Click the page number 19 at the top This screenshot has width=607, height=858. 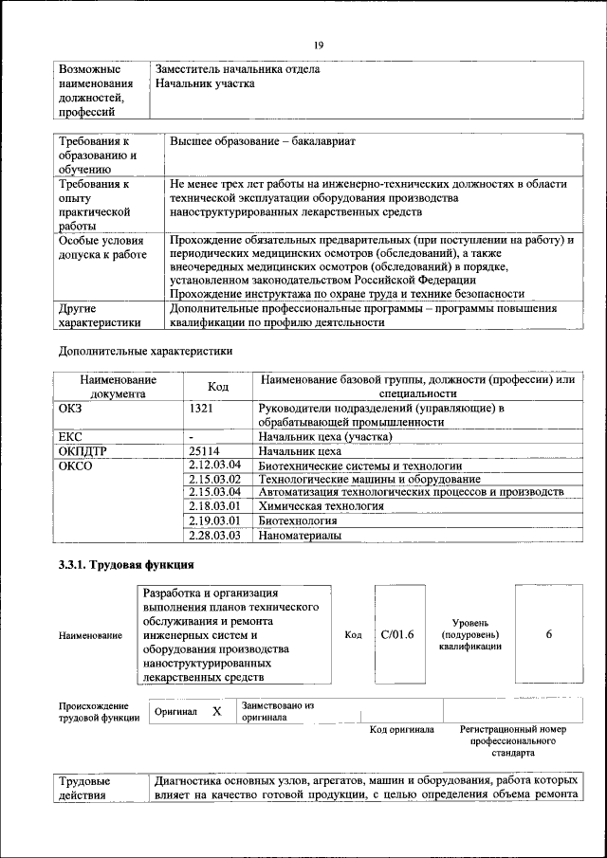(x=319, y=44)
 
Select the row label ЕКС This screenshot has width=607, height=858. (x=72, y=437)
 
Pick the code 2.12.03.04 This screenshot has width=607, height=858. (x=215, y=466)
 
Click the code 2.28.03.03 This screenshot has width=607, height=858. (x=215, y=536)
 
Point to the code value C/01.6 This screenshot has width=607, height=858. (x=397, y=634)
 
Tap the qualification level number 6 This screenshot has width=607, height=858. (x=549, y=634)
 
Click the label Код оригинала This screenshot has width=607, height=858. (x=402, y=730)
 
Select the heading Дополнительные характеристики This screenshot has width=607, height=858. (x=145, y=351)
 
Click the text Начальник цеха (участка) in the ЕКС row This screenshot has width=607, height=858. (x=325, y=437)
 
